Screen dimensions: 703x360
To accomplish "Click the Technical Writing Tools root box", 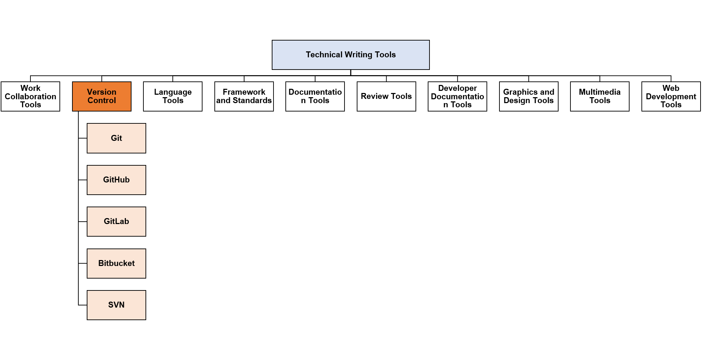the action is coord(350,55).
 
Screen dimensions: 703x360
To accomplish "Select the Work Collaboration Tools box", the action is coord(30,96).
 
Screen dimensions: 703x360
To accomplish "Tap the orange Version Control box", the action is coord(102,96).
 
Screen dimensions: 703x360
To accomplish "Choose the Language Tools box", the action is coord(173,96).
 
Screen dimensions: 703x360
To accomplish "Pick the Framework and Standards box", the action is coord(244,96).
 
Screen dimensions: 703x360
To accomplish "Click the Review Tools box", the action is coord(386,96).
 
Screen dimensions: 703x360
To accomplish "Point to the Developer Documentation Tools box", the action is coord(457,96).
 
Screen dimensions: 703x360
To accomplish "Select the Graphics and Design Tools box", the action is coord(529,96).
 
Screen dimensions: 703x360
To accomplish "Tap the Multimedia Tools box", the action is coord(600,96).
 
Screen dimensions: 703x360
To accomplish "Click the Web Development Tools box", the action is coord(671,96).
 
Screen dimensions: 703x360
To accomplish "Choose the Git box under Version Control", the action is coord(116,138).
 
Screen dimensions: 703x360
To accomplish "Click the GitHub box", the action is coord(116,180).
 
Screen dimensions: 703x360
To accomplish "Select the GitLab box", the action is coord(116,222).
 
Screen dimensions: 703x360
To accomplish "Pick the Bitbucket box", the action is coord(116,264).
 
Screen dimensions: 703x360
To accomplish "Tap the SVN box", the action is coord(116,305).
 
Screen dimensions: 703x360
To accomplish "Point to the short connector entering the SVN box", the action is coord(83,305).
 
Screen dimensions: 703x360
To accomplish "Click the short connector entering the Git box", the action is coord(83,138).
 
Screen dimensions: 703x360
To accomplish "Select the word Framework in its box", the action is coord(244,92).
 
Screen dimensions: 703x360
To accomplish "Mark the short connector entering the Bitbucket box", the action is coord(83,264).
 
